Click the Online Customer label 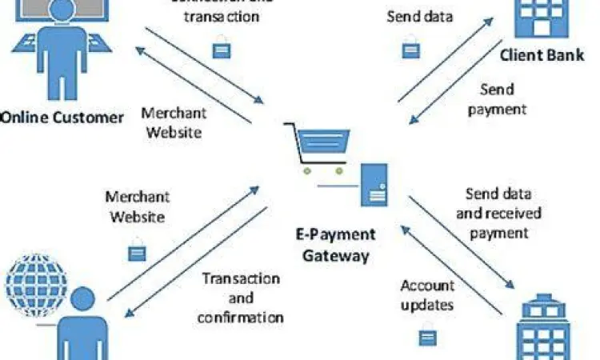tap(62, 118)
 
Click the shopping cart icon tap(320, 149)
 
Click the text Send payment tap(497, 98)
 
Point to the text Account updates tap(427, 295)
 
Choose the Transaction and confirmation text tap(241, 298)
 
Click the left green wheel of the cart tap(307, 170)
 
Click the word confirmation tap(241, 316)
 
